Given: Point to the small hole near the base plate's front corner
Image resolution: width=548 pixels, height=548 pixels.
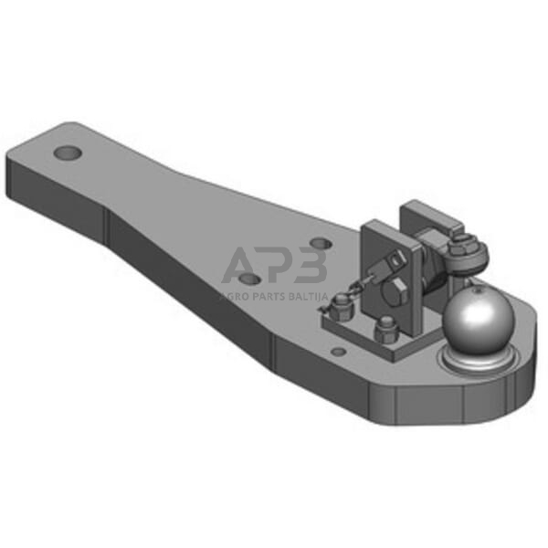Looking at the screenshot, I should point(337,351).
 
